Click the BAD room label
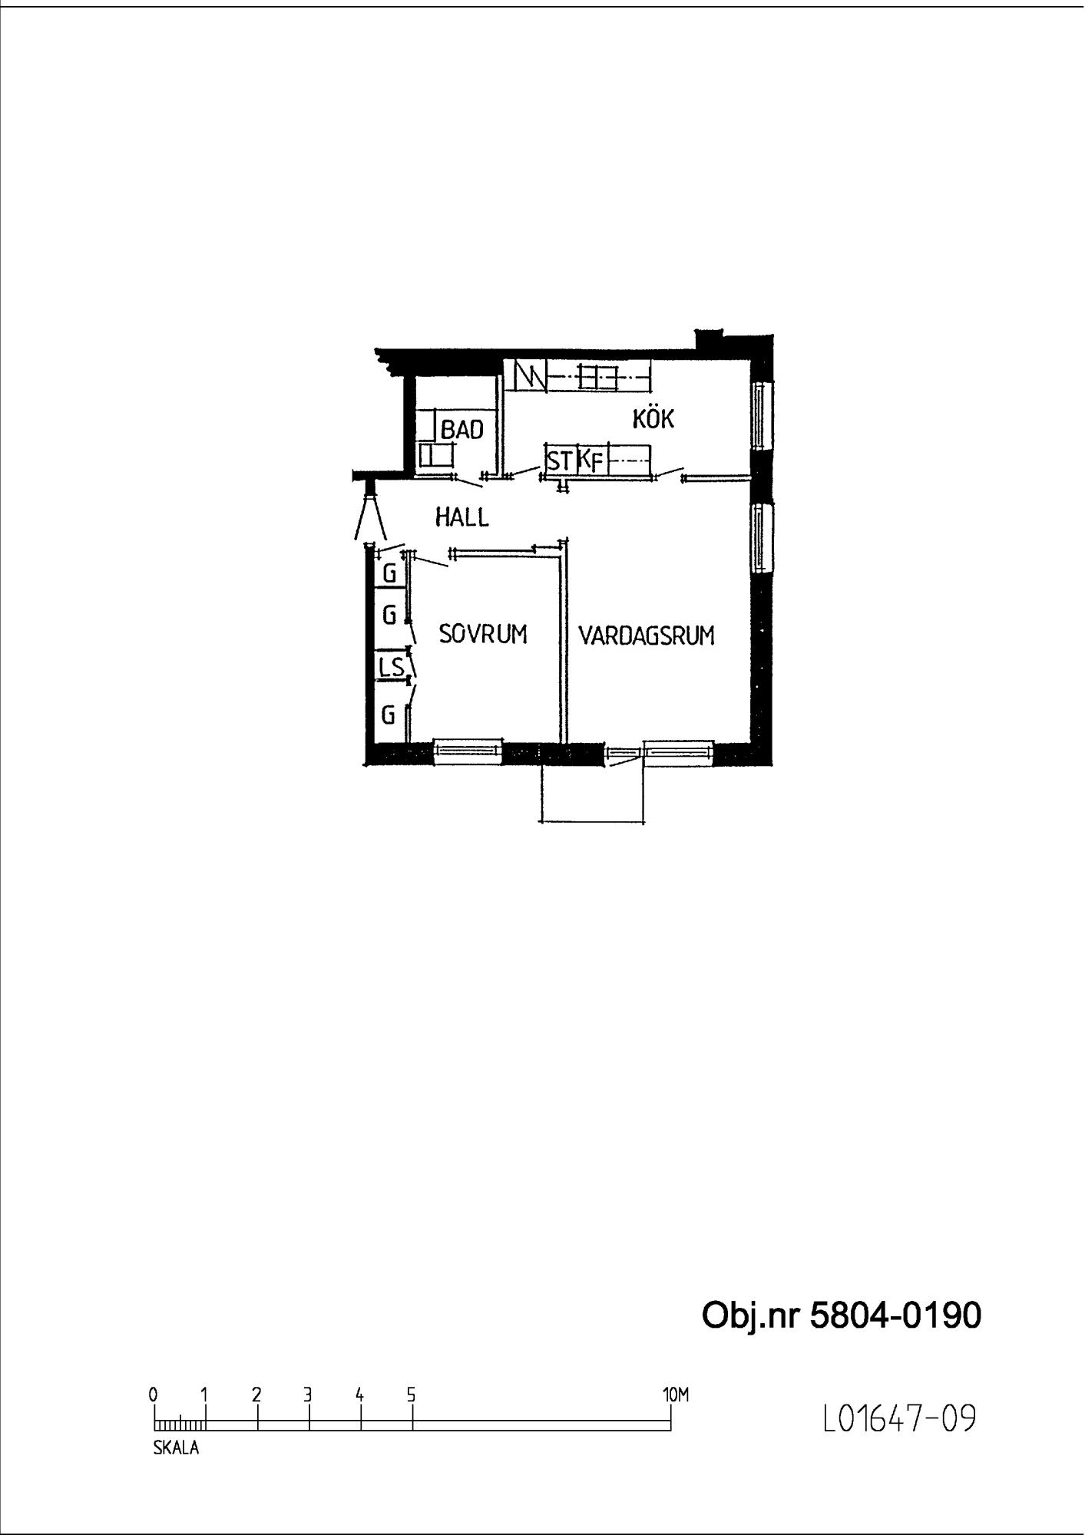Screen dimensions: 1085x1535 (461, 430)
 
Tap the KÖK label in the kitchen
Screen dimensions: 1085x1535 (653, 418)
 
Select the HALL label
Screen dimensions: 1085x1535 (461, 517)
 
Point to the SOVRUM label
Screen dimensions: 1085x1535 (483, 634)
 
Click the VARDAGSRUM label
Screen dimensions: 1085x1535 (647, 635)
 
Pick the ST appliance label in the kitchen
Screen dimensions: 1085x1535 (560, 461)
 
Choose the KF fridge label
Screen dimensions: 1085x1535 (590, 461)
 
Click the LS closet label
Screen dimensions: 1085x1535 (391, 666)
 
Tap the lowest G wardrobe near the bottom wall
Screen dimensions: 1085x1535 (389, 715)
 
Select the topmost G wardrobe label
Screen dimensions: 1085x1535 (389, 573)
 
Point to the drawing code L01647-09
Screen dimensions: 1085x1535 (899, 1418)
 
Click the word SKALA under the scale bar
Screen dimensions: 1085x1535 (177, 1448)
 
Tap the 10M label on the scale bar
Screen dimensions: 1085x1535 (676, 1394)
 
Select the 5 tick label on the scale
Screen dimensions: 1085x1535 (412, 1394)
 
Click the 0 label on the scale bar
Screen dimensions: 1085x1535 (154, 1394)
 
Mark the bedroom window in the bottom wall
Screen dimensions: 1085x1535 (468, 751)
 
